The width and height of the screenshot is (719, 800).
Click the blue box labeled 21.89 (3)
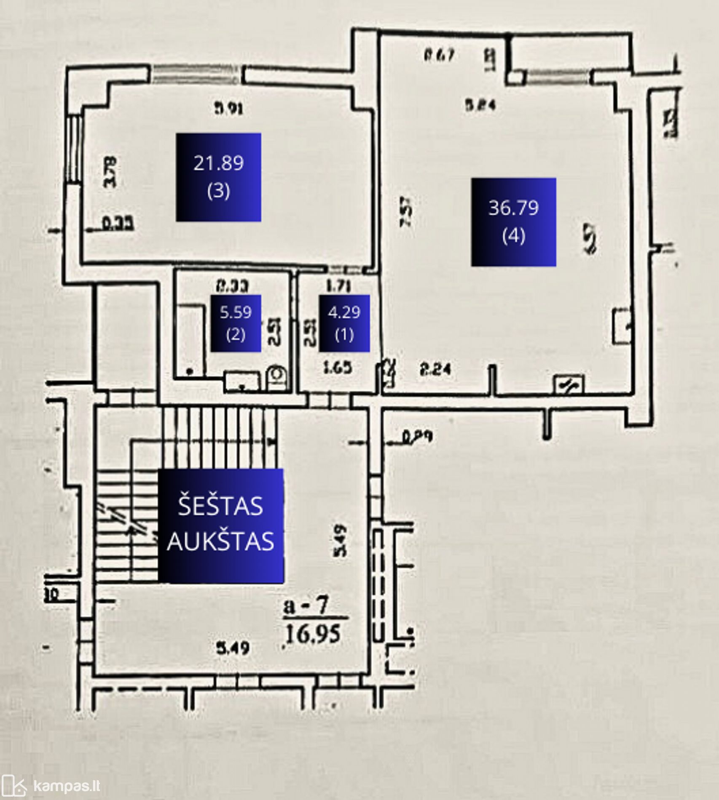218,177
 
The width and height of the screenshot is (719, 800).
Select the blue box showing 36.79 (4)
513,222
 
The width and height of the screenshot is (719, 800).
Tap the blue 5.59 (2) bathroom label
236,323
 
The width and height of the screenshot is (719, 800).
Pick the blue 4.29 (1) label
344,323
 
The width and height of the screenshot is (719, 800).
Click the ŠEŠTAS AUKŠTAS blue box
220,525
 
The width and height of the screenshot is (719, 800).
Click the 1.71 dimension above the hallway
338,286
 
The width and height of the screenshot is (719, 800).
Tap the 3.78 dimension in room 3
110,172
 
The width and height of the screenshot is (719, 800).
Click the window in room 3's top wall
197,74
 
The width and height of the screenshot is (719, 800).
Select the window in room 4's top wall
558,76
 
